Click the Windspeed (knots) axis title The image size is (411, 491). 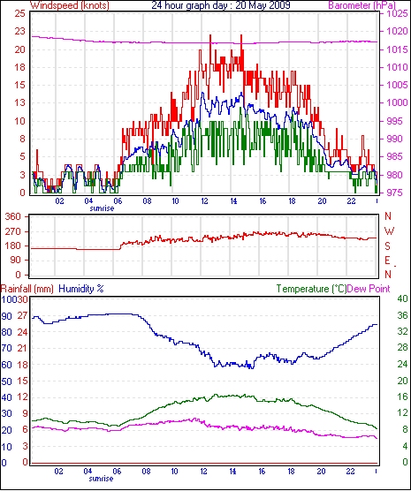pyautogui.click(x=70, y=5)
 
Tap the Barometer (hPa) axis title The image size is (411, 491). pyautogui.click(x=362, y=5)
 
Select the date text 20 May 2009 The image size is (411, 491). pyautogui.click(x=263, y=5)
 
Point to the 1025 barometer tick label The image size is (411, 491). pyautogui.click(x=397, y=13)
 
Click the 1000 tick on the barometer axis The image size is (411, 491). pyautogui.click(x=397, y=102)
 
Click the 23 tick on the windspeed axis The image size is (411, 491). pyautogui.click(x=19, y=31)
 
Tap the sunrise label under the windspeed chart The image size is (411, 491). pyautogui.click(x=102, y=208)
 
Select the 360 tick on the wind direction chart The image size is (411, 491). pyautogui.click(x=13, y=216)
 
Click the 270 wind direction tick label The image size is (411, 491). pyautogui.click(x=13, y=231)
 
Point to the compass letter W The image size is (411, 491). pyautogui.click(x=389, y=231)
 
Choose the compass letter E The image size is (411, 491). pyautogui.click(x=388, y=261)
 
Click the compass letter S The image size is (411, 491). pyautogui.click(x=388, y=246)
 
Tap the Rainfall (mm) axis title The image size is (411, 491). pyautogui.click(x=27, y=289)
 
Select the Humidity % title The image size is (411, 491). pyautogui.click(x=81, y=289)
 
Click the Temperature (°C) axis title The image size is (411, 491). pyautogui.click(x=311, y=289)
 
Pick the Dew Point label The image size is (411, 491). pyautogui.click(x=369, y=289)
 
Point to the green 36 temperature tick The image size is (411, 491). pyautogui.click(x=402, y=315)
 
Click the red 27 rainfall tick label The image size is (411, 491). pyautogui.click(x=22, y=315)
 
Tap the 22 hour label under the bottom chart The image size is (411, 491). pyautogui.click(x=350, y=471)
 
